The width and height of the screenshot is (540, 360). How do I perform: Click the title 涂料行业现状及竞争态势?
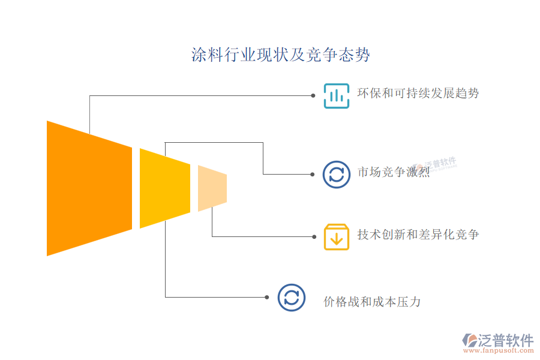(x=280, y=55)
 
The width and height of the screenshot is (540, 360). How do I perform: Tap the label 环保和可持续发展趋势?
(x=418, y=94)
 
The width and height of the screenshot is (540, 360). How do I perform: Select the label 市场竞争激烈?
(x=394, y=173)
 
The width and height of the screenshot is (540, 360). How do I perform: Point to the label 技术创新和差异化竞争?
(x=418, y=235)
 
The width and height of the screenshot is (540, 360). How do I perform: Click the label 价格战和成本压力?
(x=372, y=302)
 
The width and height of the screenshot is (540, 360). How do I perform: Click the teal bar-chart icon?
(x=337, y=95)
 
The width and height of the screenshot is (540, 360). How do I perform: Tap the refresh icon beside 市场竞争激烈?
(x=337, y=174)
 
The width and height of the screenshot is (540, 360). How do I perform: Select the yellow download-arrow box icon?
(x=337, y=236)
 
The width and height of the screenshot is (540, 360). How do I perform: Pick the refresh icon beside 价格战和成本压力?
(x=291, y=297)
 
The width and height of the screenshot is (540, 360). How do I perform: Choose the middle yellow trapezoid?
(x=164, y=188)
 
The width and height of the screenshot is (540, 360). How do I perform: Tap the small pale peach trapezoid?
(x=212, y=188)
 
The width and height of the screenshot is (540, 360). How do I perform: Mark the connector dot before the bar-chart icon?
(x=313, y=95)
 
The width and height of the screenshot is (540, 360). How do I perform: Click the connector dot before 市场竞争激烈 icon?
(x=313, y=174)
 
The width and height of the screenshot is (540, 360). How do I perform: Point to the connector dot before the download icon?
(x=313, y=236)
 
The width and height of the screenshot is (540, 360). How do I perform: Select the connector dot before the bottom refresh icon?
(x=267, y=297)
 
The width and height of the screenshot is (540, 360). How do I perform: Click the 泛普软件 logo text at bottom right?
(x=506, y=340)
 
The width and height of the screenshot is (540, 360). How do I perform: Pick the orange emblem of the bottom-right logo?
(x=469, y=341)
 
